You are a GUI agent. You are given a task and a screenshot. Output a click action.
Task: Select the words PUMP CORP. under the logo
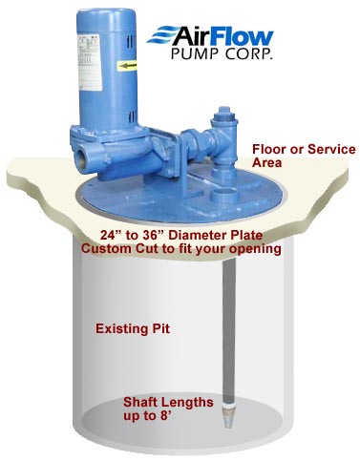[263, 56]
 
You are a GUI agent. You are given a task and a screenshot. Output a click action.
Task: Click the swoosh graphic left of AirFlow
[195, 36]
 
